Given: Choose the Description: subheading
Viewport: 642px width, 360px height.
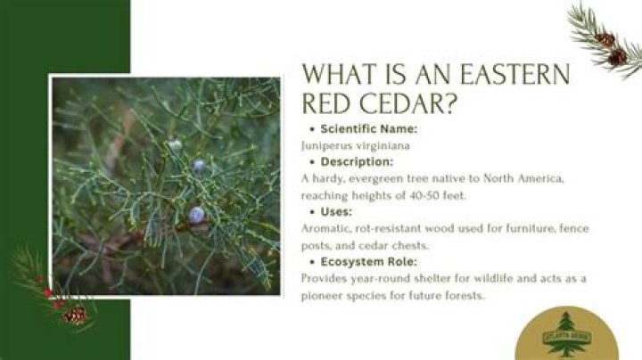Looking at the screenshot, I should (357, 162).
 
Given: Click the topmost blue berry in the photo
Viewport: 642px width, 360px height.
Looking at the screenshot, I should (176, 144).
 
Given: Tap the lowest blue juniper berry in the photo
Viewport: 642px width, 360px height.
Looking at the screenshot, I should (196, 214).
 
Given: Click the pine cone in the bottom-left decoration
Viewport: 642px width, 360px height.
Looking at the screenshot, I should (76, 315).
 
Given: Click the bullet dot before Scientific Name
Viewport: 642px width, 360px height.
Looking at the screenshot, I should (310, 129).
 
